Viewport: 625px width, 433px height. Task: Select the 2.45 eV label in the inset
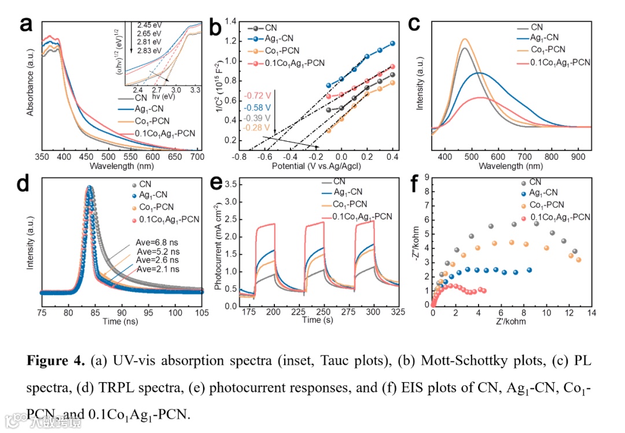tap(150, 25)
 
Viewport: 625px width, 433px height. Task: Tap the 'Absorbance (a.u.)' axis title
tap(30, 83)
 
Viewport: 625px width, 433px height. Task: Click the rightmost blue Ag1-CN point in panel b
tap(392, 43)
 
